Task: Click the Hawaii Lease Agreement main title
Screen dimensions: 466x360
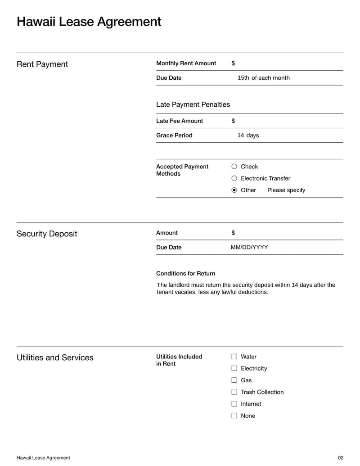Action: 89,22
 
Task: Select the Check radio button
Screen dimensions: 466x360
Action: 234,167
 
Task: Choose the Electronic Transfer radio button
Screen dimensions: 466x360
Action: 234,178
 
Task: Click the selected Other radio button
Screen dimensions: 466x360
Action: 234,190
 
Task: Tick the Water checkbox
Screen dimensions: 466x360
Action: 234,357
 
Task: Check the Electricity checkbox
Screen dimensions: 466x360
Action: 234,368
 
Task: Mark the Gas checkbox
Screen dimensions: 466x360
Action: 234,380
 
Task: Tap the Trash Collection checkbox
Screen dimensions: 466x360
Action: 234,392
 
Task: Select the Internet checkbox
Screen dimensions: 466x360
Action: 234,404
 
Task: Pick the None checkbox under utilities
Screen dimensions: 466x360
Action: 234,416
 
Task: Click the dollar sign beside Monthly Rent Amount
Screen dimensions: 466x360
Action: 233,63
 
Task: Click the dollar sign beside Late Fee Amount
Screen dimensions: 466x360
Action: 233,121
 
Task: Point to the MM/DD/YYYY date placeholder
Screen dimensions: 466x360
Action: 249,247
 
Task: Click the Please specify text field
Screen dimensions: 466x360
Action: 286,190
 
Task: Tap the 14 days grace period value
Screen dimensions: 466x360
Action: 248,136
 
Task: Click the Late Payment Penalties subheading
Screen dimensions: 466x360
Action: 193,104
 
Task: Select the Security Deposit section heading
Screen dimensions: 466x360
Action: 47,234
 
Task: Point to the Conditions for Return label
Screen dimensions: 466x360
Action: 185,273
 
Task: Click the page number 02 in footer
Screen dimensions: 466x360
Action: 340,458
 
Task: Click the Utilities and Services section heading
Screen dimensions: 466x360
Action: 55,357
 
